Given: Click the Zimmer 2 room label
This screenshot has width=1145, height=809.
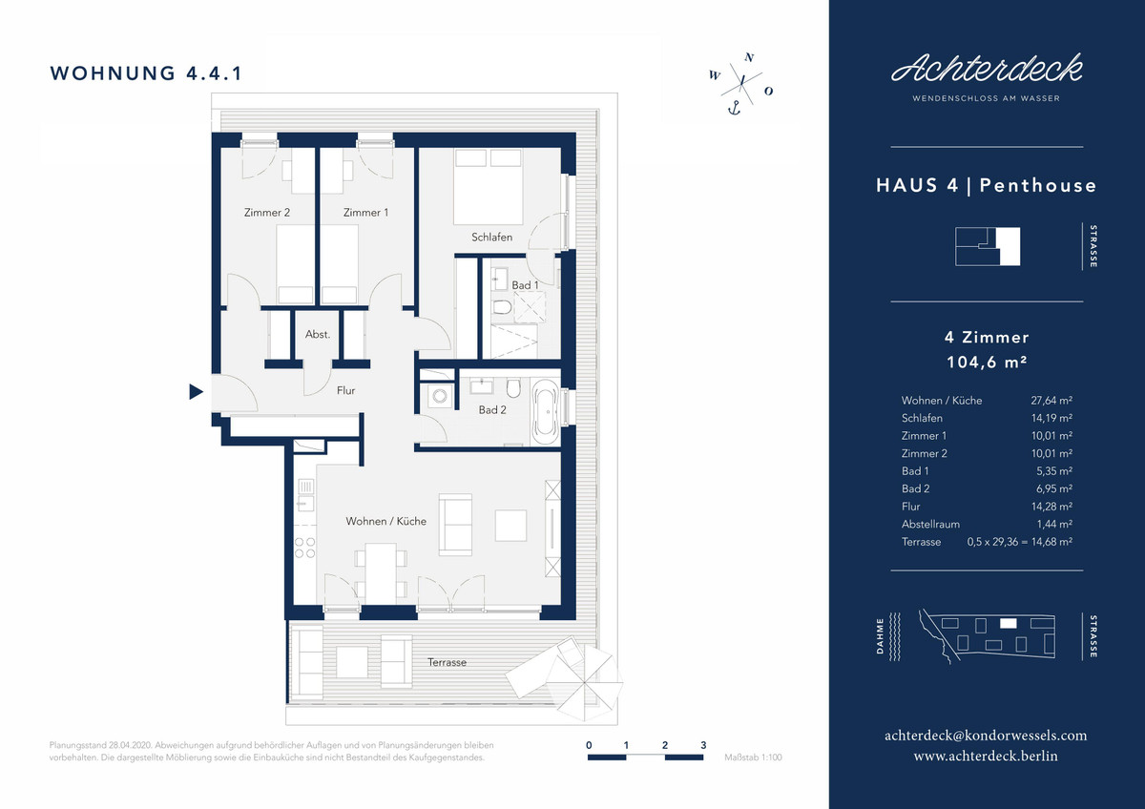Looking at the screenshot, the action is coord(267,212).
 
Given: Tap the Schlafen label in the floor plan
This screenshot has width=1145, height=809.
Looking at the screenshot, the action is coord(491,238).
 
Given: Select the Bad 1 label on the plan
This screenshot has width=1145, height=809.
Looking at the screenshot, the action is coord(525,285).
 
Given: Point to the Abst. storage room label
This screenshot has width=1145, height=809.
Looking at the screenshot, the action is coord(318,334).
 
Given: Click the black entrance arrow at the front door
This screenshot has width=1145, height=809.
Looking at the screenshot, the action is coord(196,391).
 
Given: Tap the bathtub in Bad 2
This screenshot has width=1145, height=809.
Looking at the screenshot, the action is coord(546,411).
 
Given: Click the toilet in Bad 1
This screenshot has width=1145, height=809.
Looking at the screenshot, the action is coord(502,306).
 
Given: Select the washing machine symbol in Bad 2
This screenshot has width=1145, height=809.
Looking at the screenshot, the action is coord(439,396).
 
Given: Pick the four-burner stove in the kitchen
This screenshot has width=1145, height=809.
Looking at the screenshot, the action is coord(304,548).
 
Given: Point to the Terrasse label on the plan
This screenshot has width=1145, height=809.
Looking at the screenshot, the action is coord(447,662).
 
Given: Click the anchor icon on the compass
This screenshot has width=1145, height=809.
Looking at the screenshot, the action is coord(734,108).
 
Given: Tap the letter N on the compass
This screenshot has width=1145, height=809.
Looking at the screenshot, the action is coord(749,57).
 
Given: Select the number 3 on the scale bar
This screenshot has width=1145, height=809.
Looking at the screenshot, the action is coord(703,745).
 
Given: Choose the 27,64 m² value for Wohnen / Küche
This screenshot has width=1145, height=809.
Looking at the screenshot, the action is coord(1051,400).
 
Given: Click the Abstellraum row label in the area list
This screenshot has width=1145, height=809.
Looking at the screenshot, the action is coord(930,524).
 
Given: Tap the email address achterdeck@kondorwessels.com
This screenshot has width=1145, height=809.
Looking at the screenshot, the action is coord(986,736).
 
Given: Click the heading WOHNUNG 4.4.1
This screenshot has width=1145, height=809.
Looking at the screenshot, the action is coord(146,73).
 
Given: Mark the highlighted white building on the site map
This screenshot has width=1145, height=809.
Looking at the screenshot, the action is coord(1008,623).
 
